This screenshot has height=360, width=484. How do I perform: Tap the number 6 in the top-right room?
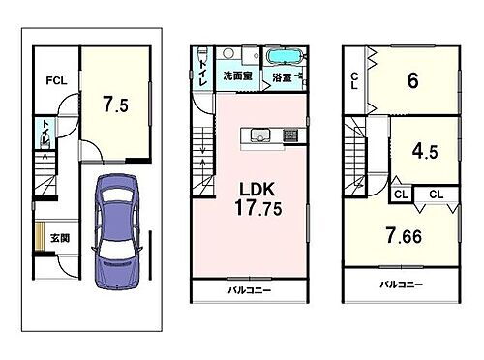[x=412, y=81]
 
